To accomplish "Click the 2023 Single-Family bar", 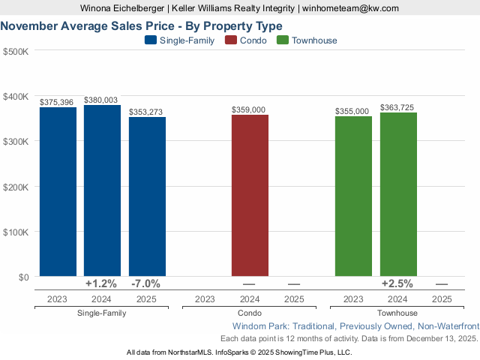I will [x=58, y=192].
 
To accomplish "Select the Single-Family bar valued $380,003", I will [x=102, y=190].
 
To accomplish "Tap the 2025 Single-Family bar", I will [x=147, y=196].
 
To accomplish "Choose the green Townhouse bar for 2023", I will [x=353, y=196].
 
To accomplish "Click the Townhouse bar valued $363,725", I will [x=398, y=194].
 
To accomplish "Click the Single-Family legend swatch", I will [x=150, y=40].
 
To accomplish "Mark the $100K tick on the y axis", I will [x=16, y=232].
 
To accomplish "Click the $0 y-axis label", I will [x=22, y=277].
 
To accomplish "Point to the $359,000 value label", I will [x=250, y=109].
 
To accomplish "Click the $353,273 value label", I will [x=147, y=112].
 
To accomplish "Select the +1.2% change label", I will [x=101, y=283].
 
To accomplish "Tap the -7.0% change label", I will [x=146, y=283].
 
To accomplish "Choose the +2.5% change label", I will [x=397, y=283].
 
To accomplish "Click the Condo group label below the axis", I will [x=249, y=313].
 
